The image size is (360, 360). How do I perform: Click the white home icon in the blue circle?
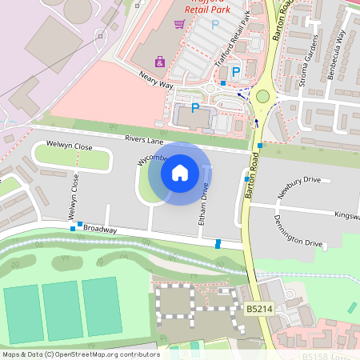click(180, 171)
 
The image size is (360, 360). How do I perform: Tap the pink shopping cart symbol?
click(180, 24)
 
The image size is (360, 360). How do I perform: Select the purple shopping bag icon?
click(160, 61)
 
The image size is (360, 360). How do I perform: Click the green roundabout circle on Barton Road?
click(262, 97)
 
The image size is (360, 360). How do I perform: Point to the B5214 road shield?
click(258, 308)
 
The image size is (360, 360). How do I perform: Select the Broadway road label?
click(100, 230)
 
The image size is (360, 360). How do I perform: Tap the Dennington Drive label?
click(298, 231)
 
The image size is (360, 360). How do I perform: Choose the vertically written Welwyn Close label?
click(75, 196)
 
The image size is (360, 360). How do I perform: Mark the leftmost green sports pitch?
click(22, 312)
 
